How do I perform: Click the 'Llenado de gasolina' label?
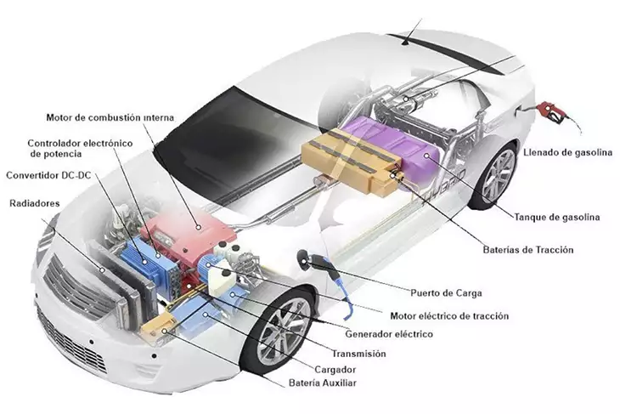[567, 152]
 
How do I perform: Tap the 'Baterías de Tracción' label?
[529, 250]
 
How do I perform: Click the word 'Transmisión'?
[358, 353]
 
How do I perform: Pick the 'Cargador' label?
[334, 370]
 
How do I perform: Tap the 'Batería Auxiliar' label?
[322, 384]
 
